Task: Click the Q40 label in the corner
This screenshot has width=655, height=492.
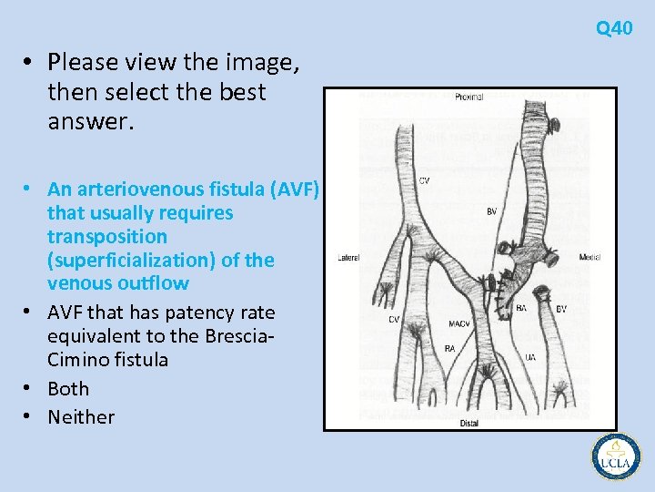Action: click(x=614, y=28)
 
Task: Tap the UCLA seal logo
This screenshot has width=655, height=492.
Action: click(x=615, y=455)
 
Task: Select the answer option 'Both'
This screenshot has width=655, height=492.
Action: click(x=68, y=389)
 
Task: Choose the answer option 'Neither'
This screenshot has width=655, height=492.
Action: click(x=81, y=417)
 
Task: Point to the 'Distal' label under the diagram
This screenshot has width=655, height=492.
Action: click(x=468, y=422)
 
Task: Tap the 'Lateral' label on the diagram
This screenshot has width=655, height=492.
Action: click(x=348, y=257)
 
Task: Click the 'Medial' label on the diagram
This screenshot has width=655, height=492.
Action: click(x=590, y=257)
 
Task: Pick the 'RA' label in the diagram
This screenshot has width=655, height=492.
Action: click(x=449, y=348)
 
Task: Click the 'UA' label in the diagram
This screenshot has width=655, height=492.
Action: click(x=529, y=357)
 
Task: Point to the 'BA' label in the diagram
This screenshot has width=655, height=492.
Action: click(x=521, y=308)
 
